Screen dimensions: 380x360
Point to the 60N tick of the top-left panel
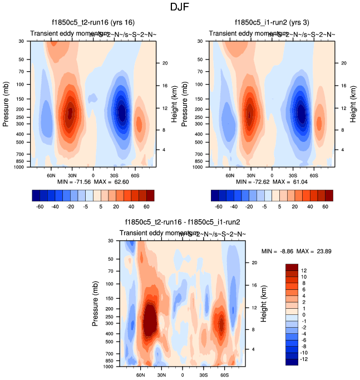tap(51, 175)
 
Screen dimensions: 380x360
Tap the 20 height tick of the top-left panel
tap(165, 63)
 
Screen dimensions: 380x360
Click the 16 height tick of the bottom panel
tap(255, 285)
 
